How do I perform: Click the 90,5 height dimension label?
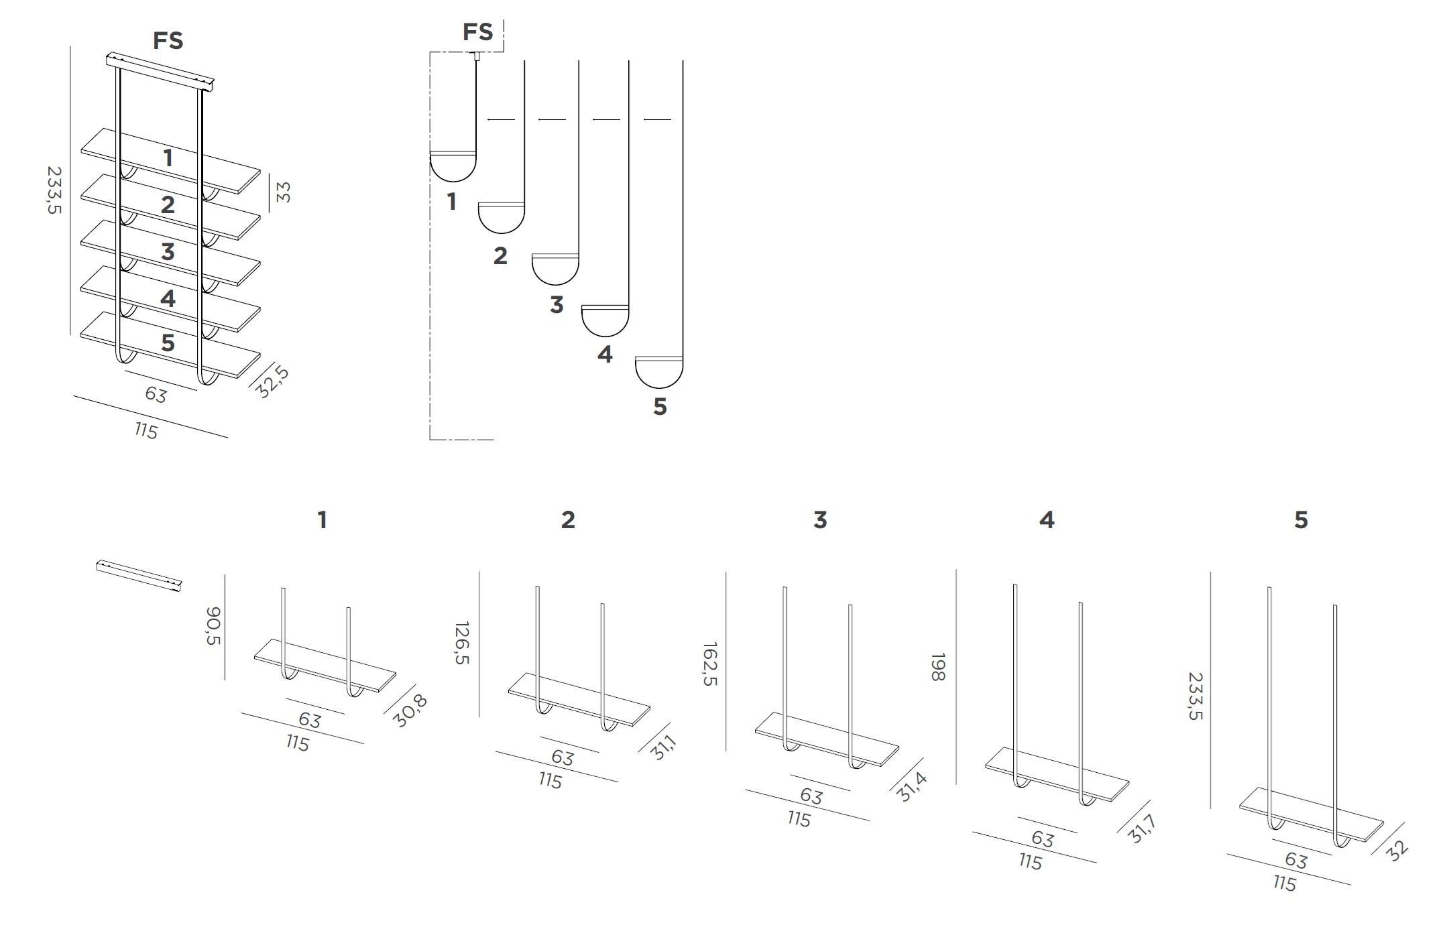[213, 626]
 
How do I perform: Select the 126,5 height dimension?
[462, 643]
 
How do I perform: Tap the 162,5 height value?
[710, 664]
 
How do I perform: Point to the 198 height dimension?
[938, 667]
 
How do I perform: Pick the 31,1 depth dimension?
[664, 747]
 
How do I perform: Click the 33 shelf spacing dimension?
[284, 192]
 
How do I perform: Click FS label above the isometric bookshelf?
[168, 41]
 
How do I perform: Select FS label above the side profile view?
[477, 32]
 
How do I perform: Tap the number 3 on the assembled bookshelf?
[168, 252]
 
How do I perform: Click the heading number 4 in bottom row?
[1047, 519]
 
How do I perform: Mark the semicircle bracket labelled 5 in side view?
[658, 372]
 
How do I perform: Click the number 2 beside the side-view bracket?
[500, 255]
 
